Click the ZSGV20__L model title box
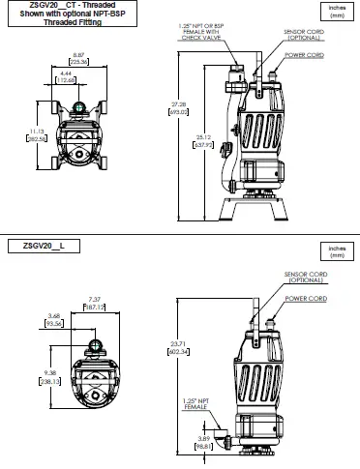(x=40, y=247)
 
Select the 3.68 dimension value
(x=55, y=319)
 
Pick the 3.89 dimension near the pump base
(x=203, y=443)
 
